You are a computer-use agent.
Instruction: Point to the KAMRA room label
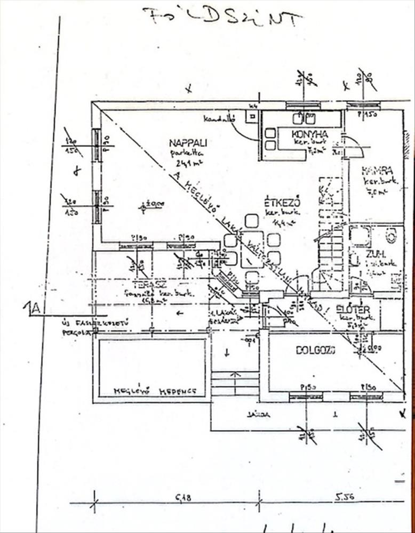coord(377,171)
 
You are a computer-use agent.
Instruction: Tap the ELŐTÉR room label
coord(353,309)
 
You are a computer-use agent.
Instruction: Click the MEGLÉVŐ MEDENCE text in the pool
coord(154,392)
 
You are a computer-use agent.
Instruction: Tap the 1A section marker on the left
coord(34,309)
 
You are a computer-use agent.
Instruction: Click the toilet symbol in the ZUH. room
coord(390,235)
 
